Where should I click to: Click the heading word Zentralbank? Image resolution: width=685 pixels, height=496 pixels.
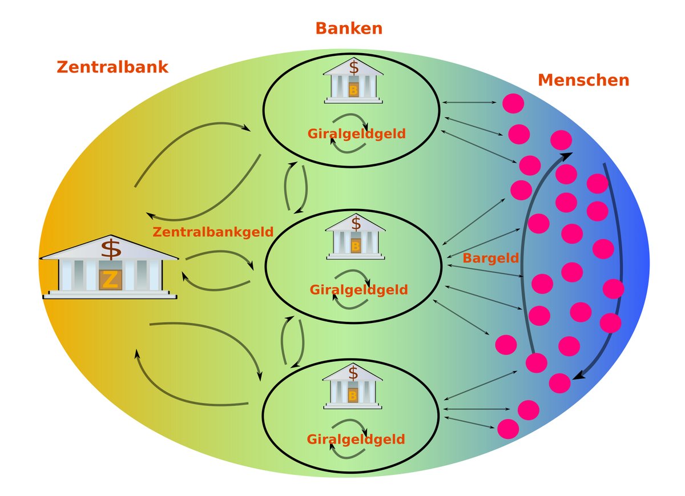click(x=112, y=67)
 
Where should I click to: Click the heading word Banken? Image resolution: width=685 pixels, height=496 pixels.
click(x=349, y=28)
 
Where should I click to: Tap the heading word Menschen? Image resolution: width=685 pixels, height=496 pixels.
click(x=583, y=80)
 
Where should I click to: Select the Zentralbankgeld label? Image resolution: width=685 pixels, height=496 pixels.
click(x=213, y=232)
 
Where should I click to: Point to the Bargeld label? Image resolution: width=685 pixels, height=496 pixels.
click(x=490, y=258)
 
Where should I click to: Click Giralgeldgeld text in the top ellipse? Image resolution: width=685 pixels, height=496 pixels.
click(x=356, y=134)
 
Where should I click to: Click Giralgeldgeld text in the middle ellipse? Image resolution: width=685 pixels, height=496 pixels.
click(x=358, y=290)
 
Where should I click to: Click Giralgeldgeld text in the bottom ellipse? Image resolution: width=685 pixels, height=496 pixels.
click(x=356, y=439)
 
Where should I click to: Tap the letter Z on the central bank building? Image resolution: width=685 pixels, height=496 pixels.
click(x=110, y=280)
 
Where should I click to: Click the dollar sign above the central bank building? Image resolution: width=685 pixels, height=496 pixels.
click(x=111, y=249)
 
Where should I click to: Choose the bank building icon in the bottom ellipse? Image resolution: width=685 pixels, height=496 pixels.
click(x=353, y=388)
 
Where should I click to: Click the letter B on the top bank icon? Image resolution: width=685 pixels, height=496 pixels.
click(x=353, y=90)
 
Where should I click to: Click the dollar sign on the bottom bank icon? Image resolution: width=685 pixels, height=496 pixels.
click(x=354, y=374)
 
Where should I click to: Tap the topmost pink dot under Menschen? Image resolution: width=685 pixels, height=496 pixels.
click(x=513, y=103)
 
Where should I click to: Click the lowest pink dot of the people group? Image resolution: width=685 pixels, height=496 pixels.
click(x=507, y=428)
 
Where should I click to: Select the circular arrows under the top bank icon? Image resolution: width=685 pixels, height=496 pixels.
click(x=349, y=134)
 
